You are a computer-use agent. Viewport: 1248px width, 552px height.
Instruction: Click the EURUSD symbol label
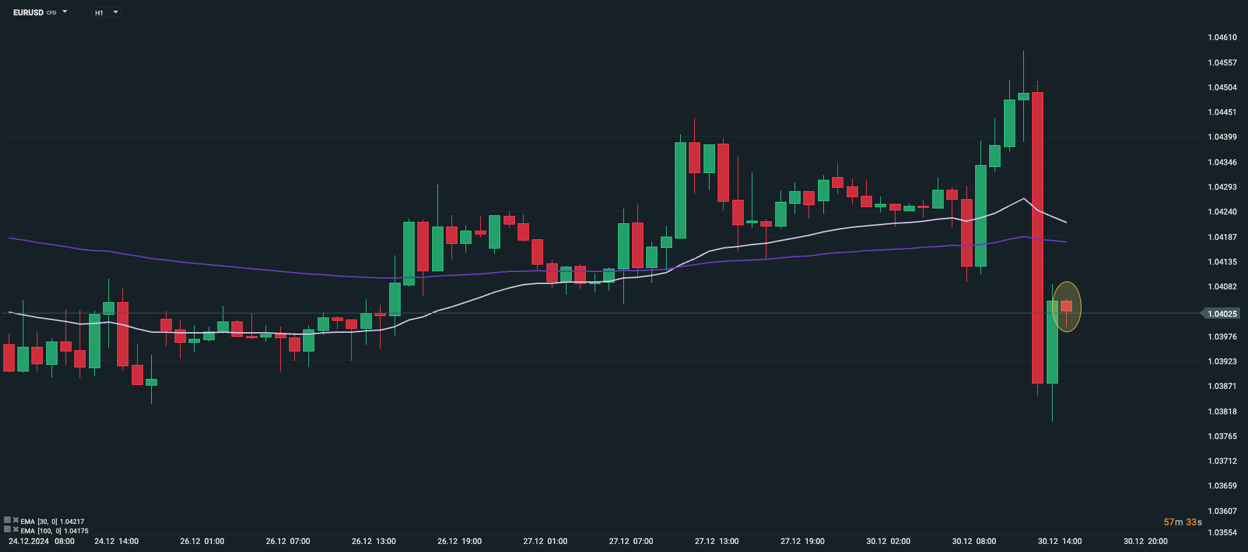coord(28,13)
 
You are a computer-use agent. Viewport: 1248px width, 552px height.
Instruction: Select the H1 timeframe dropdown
coord(106,13)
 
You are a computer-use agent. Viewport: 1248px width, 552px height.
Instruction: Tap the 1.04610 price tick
coord(1222,37)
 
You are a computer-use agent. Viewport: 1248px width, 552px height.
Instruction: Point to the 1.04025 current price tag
coord(1222,313)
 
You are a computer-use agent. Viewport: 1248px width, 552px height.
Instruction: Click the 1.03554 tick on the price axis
coord(1222,533)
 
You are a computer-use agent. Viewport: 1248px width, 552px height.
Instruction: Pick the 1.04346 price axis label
coord(1222,162)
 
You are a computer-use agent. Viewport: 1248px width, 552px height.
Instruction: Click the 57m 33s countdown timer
coord(1182,522)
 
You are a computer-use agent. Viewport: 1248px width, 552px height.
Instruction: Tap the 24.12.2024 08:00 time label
coord(41,541)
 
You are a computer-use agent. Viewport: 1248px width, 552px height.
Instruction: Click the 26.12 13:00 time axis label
coord(374,541)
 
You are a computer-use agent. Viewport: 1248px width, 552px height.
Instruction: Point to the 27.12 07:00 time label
coord(631,541)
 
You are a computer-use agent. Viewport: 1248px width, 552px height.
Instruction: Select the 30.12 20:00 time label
coord(1146,541)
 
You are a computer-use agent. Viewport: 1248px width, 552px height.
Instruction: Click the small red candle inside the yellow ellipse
coord(1066,306)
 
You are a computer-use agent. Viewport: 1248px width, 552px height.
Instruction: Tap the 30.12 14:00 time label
coord(1059,541)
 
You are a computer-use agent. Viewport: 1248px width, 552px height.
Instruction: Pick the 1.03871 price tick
coord(1222,386)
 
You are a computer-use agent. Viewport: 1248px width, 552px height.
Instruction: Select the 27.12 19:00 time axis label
coord(803,541)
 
